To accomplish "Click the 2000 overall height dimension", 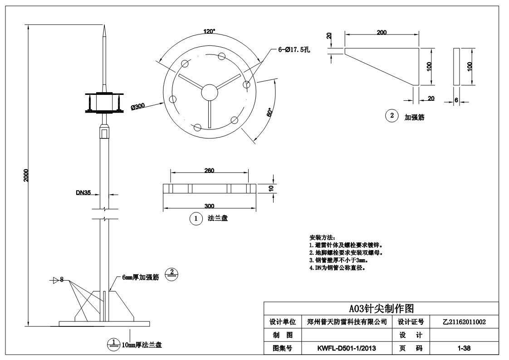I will point(26,175).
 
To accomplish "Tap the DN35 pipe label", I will point(83,192).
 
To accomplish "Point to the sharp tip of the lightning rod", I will point(104,28).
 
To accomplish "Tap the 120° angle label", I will point(209,31).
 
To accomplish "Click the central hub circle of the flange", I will point(209,91).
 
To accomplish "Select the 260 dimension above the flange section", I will point(209,171).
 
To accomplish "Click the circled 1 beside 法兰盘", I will point(196,218).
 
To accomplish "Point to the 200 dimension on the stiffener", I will point(382,32).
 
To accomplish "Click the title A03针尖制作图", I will point(381,309).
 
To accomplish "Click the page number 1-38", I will point(464,348).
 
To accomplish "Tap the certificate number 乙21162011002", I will point(464,322).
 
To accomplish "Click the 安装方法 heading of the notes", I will point(322,237).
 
